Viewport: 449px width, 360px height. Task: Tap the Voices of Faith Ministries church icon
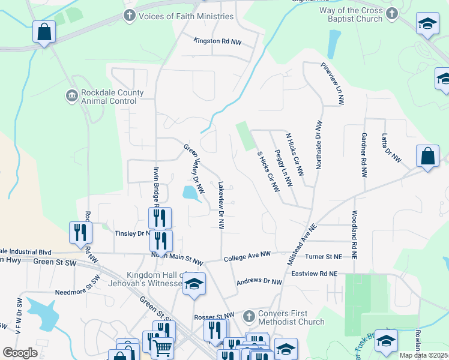(129, 16)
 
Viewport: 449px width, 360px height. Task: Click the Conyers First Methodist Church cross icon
(250, 316)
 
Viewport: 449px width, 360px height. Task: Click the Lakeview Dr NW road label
(221, 206)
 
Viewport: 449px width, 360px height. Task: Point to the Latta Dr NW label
(391, 148)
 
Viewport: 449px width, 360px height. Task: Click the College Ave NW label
(248, 257)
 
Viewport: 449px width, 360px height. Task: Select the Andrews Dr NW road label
(259, 281)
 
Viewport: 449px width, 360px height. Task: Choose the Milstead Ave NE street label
(304, 245)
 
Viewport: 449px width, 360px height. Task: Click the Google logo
(20, 353)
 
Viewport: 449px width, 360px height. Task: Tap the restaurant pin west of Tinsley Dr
(80, 232)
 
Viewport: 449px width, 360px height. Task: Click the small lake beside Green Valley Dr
(190, 193)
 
